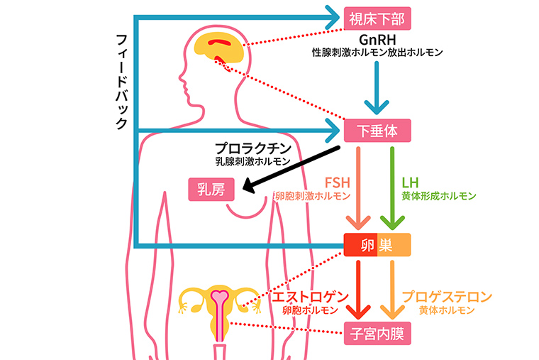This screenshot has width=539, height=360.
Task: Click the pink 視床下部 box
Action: [x=377, y=18]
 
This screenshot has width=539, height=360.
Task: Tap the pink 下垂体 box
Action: [x=377, y=131]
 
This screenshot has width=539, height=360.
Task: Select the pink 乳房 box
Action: [x=211, y=190]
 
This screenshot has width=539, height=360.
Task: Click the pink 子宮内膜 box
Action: [x=377, y=334]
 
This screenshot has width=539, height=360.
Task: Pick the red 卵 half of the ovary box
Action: [x=360, y=245]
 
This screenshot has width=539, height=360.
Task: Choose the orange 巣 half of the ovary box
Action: [x=394, y=245]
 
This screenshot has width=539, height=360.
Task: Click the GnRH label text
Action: [x=377, y=40]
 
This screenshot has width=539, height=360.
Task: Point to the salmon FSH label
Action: [x=338, y=182]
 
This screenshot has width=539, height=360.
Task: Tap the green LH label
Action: [x=410, y=182]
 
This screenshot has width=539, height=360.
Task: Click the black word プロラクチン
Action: [x=253, y=148]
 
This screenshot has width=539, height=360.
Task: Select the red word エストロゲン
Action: [x=311, y=297]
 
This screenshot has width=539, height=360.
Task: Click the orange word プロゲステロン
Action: [x=447, y=297]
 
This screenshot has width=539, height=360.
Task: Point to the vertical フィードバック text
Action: [x=122, y=82]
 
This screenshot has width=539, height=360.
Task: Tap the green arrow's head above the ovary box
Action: [x=392, y=222]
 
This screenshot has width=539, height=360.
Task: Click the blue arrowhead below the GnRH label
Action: [x=377, y=107]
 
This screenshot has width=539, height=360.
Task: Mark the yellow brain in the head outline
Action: [x=219, y=48]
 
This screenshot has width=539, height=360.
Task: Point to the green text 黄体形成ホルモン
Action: [x=439, y=196]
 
